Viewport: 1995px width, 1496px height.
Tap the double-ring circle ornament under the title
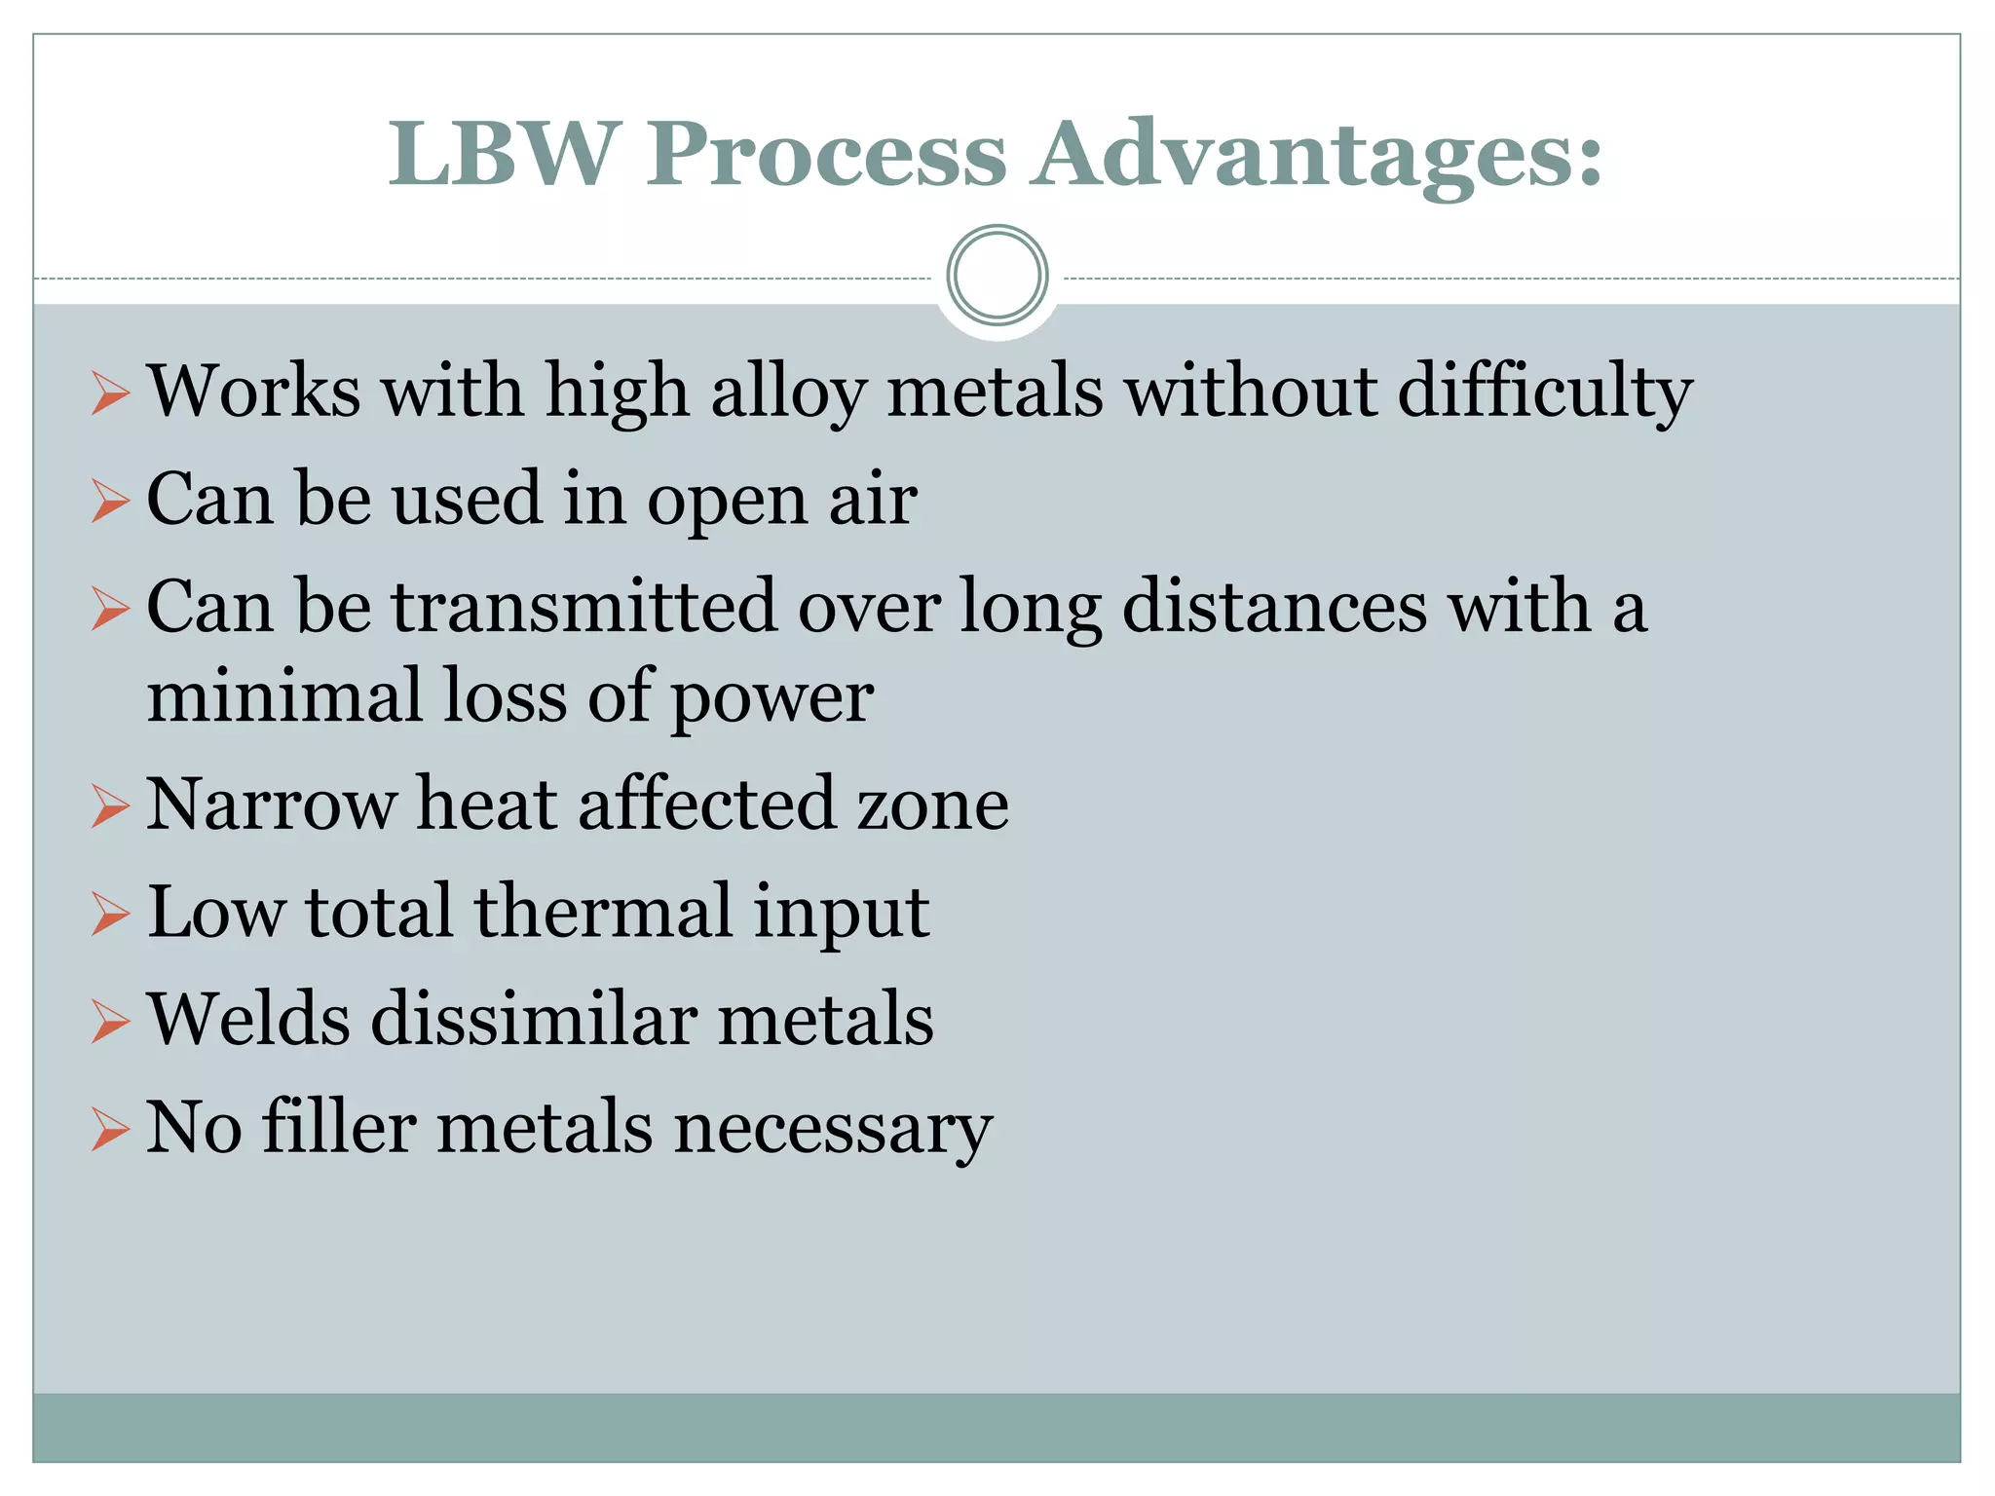click(997, 276)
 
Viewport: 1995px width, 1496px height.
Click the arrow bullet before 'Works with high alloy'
click(110, 393)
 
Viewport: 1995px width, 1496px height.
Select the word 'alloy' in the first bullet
click(788, 392)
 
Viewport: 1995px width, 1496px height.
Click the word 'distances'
click(1275, 606)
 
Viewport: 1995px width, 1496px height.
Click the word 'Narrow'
click(272, 804)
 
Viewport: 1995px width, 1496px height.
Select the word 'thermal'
click(603, 912)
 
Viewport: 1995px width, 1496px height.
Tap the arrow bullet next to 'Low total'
click(110, 916)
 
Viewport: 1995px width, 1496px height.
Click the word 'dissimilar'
click(534, 1020)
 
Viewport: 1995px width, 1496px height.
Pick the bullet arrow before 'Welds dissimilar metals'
click(110, 1024)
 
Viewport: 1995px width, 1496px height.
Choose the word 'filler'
click(340, 1127)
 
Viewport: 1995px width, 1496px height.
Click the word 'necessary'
click(833, 1130)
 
